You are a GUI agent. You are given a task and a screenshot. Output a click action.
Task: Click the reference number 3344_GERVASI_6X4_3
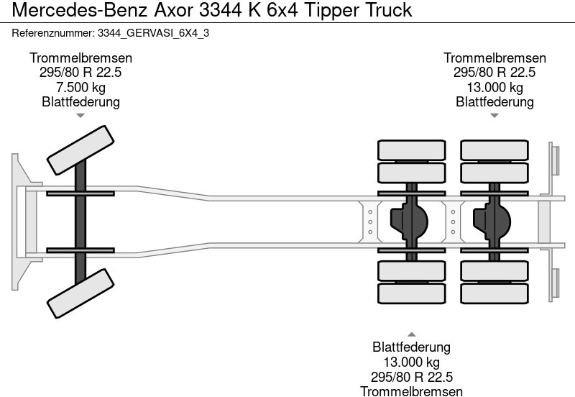tap(152, 33)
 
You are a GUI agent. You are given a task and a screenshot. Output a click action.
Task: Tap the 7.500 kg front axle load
tap(80, 88)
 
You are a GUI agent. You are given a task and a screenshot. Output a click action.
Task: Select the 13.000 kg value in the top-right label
tap(494, 88)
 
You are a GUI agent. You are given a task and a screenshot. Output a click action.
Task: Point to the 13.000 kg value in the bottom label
tap(411, 362)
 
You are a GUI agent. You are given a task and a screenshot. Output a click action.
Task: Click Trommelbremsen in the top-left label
tap(80, 58)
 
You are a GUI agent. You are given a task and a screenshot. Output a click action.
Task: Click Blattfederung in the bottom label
tap(411, 348)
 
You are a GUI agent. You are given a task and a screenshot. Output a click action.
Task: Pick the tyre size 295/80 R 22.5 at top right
tap(494, 73)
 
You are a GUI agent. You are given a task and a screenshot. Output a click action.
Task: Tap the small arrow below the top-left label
tap(80, 115)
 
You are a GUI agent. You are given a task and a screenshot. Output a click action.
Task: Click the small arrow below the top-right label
tap(494, 115)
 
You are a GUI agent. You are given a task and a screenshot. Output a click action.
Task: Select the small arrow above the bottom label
tap(411, 334)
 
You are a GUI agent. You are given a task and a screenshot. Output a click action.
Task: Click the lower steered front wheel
tap(80, 293)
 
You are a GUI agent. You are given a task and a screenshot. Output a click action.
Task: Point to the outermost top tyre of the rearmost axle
tap(494, 150)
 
